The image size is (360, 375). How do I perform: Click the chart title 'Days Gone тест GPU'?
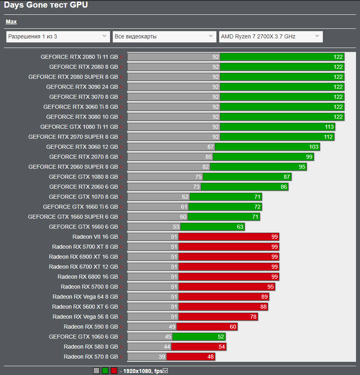click(46, 5)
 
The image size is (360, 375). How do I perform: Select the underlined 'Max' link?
click(11, 22)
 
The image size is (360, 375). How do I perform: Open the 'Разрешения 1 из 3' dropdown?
click(58, 37)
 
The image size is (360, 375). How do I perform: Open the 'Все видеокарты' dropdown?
click(164, 37)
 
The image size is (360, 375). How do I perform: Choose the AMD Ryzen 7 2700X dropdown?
click(271, 37)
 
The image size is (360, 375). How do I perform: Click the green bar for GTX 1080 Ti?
click(277, 127)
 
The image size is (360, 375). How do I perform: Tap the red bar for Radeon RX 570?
click(191, 357)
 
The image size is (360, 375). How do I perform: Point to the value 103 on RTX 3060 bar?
click(314, 147)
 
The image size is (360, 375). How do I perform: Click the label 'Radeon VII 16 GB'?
click(95, 237)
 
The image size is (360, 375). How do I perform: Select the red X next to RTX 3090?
click(121, 87)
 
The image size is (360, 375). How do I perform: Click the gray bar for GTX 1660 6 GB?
click(154, 227)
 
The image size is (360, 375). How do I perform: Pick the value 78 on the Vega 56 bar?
click(253, 317)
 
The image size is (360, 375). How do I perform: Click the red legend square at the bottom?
click(114, 371)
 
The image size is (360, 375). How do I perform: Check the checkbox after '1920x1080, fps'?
click(165, 371)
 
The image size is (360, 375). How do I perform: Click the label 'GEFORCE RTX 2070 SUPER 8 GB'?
click(73, 137)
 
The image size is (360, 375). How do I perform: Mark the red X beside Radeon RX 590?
click(121, 327)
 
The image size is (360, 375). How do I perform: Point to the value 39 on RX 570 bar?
click(161, 357)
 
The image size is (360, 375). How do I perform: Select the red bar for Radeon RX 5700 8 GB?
click(227, 287)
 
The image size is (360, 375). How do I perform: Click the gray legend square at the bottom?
click(96, 371)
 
